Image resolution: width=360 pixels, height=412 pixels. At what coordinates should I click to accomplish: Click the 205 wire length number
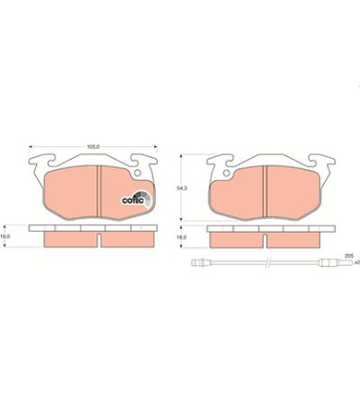coord(346,254)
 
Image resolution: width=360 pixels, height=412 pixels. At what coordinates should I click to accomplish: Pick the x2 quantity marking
coord(354,263)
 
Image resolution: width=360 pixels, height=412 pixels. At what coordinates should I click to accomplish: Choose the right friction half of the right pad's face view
coord(296,193)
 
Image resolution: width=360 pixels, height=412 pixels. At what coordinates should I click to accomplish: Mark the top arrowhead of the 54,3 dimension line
coord(186,157)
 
